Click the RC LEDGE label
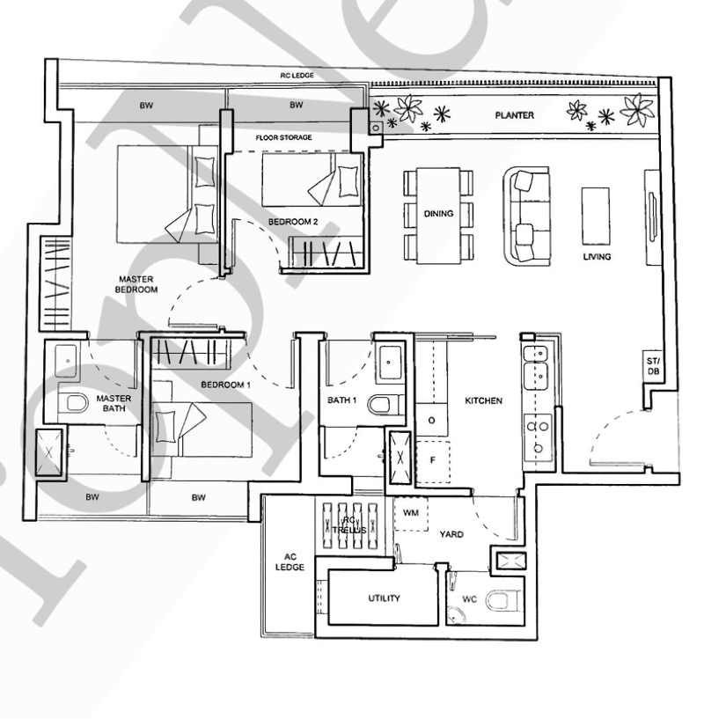[x=297, y=75]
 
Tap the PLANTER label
[x=514, y=115]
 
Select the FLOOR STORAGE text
[x=283, y=137]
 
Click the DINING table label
[x=438, y=214]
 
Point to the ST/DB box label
[x=653, y=365]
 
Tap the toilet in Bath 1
[x=385, y=405]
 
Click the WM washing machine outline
[x=411, y=514]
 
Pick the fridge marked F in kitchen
[x=432, y=461]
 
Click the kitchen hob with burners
[x=538, y=437]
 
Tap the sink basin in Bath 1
[x=389, y=362]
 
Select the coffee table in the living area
[x=595, y=216]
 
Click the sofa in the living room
[x=526, y=216]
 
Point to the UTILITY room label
[x=384, y=598]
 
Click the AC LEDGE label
[x=290, y=562]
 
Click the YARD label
[x=451, y=534]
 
